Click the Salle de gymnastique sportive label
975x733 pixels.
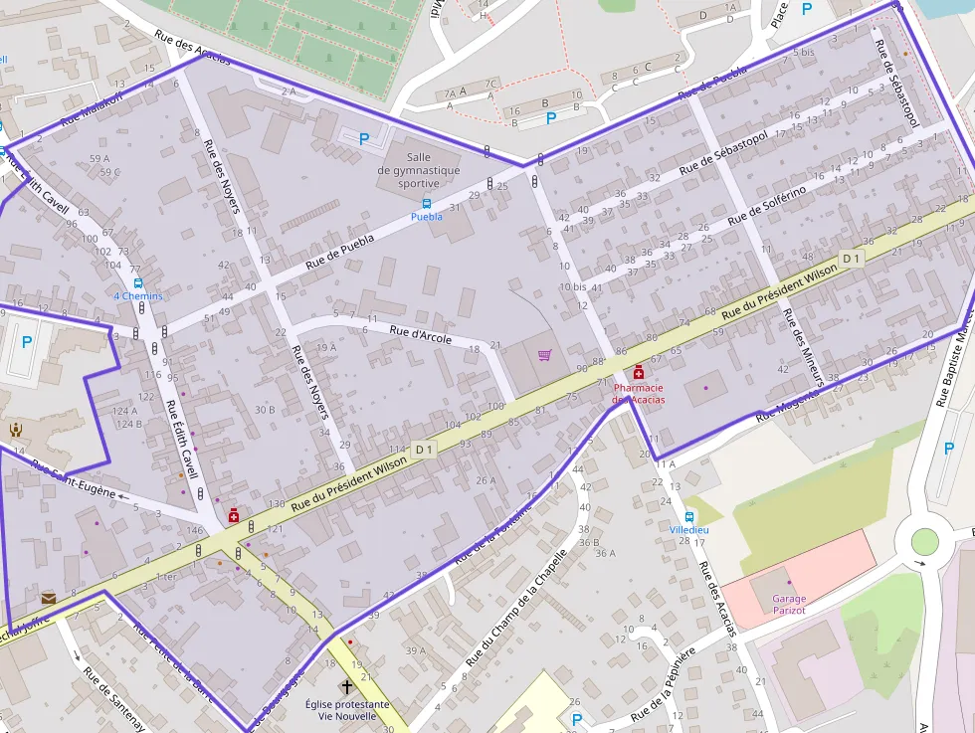click(x=418, y=170)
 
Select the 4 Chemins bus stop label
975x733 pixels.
click(x=138, y=295)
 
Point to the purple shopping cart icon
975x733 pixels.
click(x=544, y=355)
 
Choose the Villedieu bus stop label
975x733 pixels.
click(x=688, y=529)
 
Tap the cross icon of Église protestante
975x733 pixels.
click(x=347, y=686)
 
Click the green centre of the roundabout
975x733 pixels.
click(x=924, y=542)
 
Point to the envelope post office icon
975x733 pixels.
click(x=49, y=598)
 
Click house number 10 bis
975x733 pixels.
click(x=573, y=286)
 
